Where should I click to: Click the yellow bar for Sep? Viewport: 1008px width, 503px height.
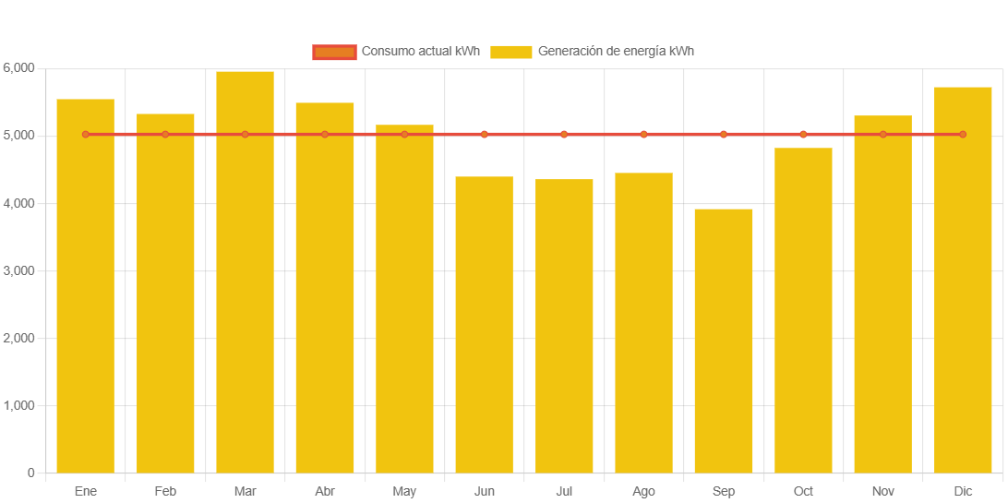724,341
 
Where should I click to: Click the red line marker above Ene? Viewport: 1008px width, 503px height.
86,135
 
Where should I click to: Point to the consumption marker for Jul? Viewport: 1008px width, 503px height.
564,135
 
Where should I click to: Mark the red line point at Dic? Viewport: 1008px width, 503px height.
963,135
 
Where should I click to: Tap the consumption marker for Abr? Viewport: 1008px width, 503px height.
325,135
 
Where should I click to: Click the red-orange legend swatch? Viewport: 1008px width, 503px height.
334,52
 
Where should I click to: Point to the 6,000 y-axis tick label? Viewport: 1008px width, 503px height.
18,68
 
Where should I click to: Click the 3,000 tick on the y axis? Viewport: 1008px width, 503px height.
18,270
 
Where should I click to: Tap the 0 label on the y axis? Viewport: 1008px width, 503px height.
31,473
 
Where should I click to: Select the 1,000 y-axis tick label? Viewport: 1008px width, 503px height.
18,406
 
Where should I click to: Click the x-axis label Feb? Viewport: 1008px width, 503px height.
165,492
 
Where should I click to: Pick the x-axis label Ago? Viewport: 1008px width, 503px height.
643,492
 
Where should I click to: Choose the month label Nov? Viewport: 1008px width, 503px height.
882,492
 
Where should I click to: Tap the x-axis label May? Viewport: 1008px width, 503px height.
404,492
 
